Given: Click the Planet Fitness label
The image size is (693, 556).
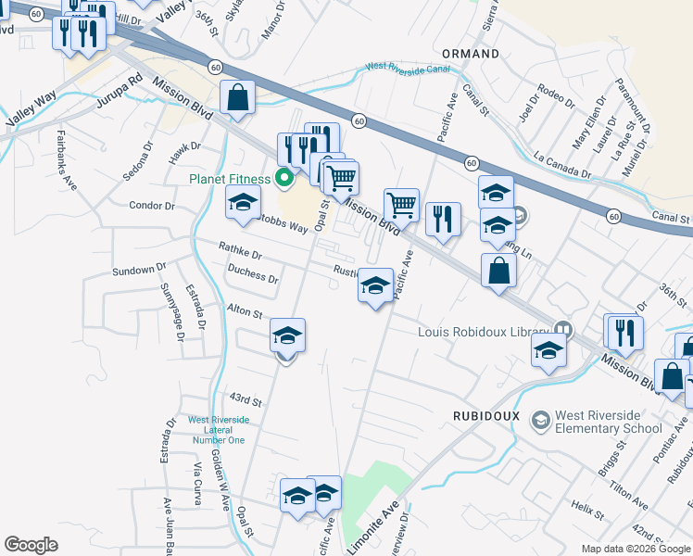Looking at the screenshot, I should (x=230, y=179).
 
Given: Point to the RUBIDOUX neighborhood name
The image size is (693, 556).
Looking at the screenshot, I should (x=486, y=416).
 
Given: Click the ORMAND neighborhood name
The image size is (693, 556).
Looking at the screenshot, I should (x=471, y=54).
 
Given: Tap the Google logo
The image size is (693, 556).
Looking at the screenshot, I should (x=31, y=544).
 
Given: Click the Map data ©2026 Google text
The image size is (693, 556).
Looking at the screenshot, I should (x=636, y=549).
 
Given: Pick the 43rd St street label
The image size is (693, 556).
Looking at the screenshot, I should (x=246, y=399).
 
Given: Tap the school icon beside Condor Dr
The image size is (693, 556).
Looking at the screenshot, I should (x=243, y=202).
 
